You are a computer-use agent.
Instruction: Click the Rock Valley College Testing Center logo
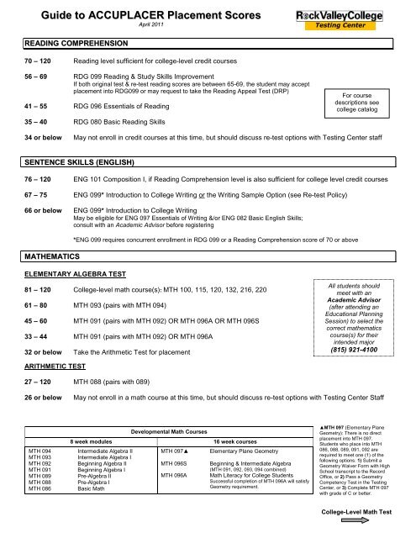[368, 18]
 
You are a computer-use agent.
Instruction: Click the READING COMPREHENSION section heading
[61, 42]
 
